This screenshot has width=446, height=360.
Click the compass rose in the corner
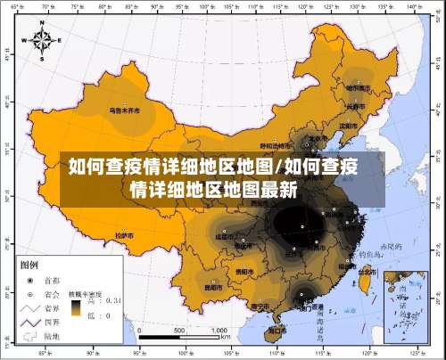(x=43, y=40)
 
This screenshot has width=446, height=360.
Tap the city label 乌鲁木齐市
(x=126, y=111)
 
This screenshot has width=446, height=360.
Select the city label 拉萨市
(x=124, y=235)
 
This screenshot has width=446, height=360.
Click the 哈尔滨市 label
(x=358, y=88)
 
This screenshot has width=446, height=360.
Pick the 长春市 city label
(x=356, y=106)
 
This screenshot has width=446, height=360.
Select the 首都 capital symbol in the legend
(x=31, y=279)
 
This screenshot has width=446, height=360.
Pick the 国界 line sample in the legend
(x=30, y=321)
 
